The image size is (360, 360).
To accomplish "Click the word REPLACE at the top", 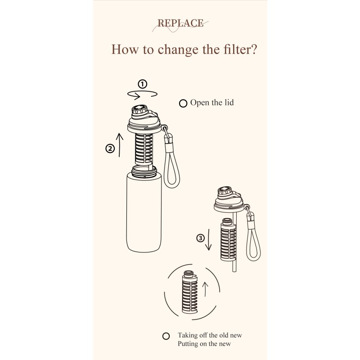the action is click(x=180, y=23).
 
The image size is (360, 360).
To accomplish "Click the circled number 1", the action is click(x=142, y=84).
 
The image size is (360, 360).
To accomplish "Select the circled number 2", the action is click(x=110, y=148).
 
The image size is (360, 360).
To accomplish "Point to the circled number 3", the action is click(x=200, y=238).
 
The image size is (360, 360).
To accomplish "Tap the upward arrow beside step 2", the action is click(x=119, y=145).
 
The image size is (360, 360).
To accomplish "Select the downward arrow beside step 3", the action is click(x=209, y=239).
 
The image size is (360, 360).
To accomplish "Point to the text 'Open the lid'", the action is click(x=212, y=103).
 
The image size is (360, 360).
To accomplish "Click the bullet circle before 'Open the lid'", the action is click(x=183, y=103).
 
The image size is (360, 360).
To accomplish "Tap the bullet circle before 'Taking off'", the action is click(x=166, y=336).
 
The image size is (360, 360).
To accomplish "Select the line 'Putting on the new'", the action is click(x=204, y=344).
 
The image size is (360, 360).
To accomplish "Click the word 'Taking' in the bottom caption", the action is click(x=188, y=335).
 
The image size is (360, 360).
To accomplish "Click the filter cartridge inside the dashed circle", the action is click(x=190, y=292).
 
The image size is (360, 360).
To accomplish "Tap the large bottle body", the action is click(x=144, y=212).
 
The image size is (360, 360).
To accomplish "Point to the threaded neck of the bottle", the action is click(x=144, y=172).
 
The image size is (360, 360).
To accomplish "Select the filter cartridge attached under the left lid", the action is click(x=144, y=149).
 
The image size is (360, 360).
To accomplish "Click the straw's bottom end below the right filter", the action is click(x=234, y=271).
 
